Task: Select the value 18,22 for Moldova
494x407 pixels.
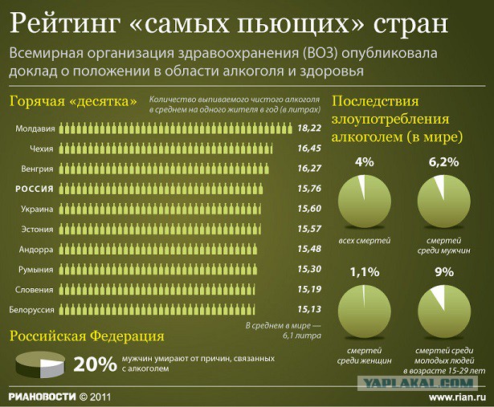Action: pos(309,128)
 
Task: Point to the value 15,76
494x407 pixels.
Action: pos(309,189)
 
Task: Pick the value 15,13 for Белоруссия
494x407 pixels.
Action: pos(309,309)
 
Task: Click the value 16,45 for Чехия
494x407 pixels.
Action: pos(309,149)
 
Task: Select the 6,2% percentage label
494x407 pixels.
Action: pos(443,161)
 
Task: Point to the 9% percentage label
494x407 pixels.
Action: pos(443,272)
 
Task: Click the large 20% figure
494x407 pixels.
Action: pos(96,364)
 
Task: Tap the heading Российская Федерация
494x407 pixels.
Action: pos(87,336)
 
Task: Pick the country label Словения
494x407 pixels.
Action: pos(36,289)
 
